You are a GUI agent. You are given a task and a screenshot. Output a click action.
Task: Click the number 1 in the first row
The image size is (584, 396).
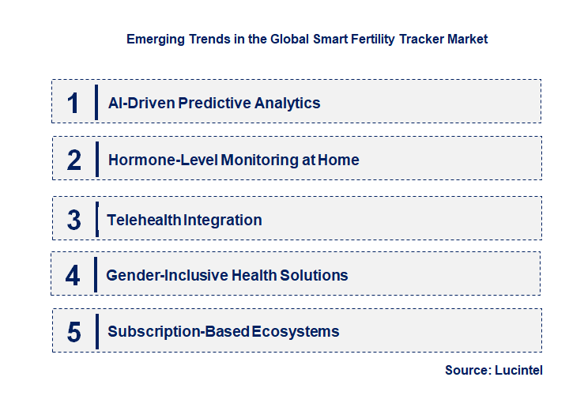coord(73,103)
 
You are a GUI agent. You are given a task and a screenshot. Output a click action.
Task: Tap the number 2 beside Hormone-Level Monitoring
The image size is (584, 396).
coord(74,160)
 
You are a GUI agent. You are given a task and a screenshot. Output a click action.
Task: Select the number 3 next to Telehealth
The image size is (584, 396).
coord(74,220)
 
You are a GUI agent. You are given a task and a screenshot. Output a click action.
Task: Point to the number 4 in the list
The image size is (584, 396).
coord(73,276)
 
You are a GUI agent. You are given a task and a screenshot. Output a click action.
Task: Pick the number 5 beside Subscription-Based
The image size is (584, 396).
coord(74,332)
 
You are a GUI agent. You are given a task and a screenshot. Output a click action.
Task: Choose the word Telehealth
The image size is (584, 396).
coord(144,220)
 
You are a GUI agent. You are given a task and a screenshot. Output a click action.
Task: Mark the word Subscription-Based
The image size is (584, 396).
coord(179,332)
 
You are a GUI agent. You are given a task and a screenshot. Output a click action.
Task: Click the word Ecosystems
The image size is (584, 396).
coord(296,332)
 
